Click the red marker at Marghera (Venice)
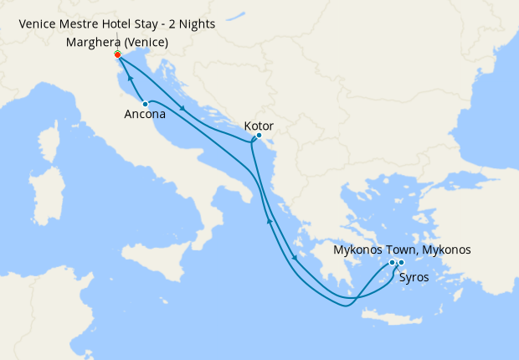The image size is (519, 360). (x=117, y=54)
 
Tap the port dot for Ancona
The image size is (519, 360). (x=146, y=104)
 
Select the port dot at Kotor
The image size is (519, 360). (x=259, y=136)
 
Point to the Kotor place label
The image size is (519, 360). (x=259, y=126)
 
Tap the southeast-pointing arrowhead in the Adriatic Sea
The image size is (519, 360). (x=182, y=110)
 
